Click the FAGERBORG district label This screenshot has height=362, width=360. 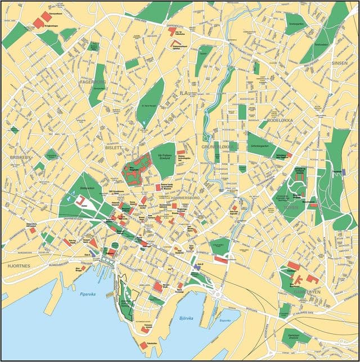point(93,82)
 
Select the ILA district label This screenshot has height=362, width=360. point(183,92)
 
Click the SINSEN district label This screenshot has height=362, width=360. point(340,63)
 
